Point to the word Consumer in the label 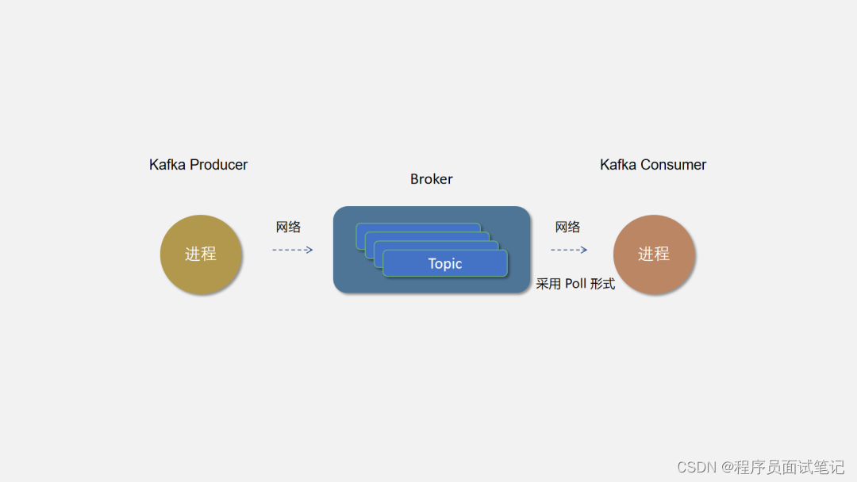pos(674,165)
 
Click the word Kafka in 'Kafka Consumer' pos(619,165)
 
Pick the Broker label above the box pos(431,179)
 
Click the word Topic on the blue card pos(444,264)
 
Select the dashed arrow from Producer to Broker pos(292,250)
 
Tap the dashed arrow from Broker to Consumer pos(569,250)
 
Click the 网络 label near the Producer pos(288,228)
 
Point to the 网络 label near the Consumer pos(567,228)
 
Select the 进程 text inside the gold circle pos(201,254)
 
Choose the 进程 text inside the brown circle pos(654,254)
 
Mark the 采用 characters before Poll pos(548,284)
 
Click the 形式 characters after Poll pos(602,284)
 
